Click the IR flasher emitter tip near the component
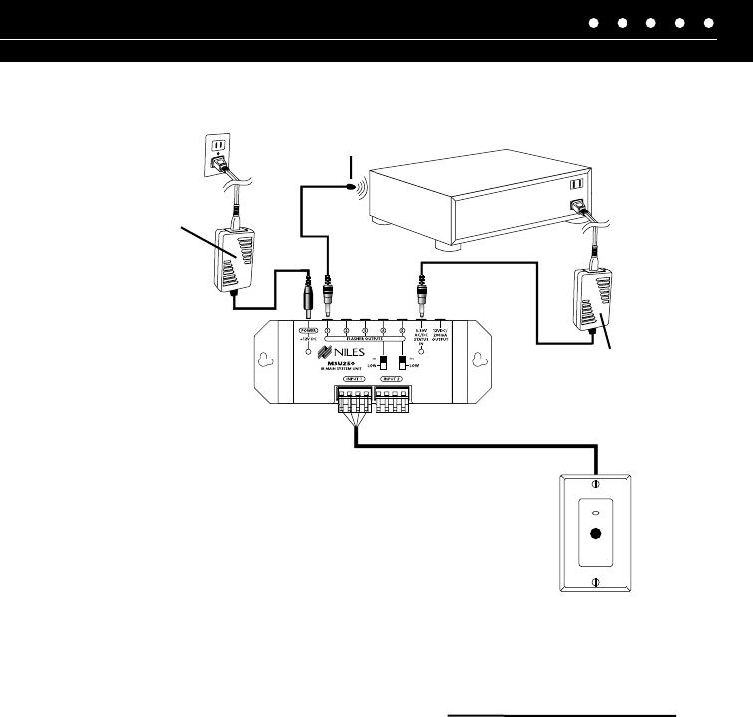(352, 180)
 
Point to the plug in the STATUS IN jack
(421, 296)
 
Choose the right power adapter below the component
(597, 298)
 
